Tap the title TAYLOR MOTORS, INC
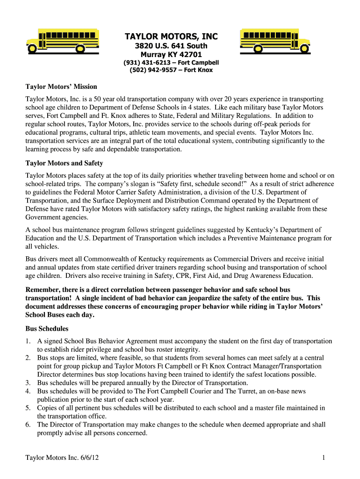pyautogui.click(x=171, y=36)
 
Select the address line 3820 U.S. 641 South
pyautogui.click(x=171, y=46)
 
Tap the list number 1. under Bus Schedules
pyautogui.click(x=28, y=341)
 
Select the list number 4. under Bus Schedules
pyautogui.click(x=28, y=391)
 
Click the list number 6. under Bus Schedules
pyautogui.click(x=28, y=424)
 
